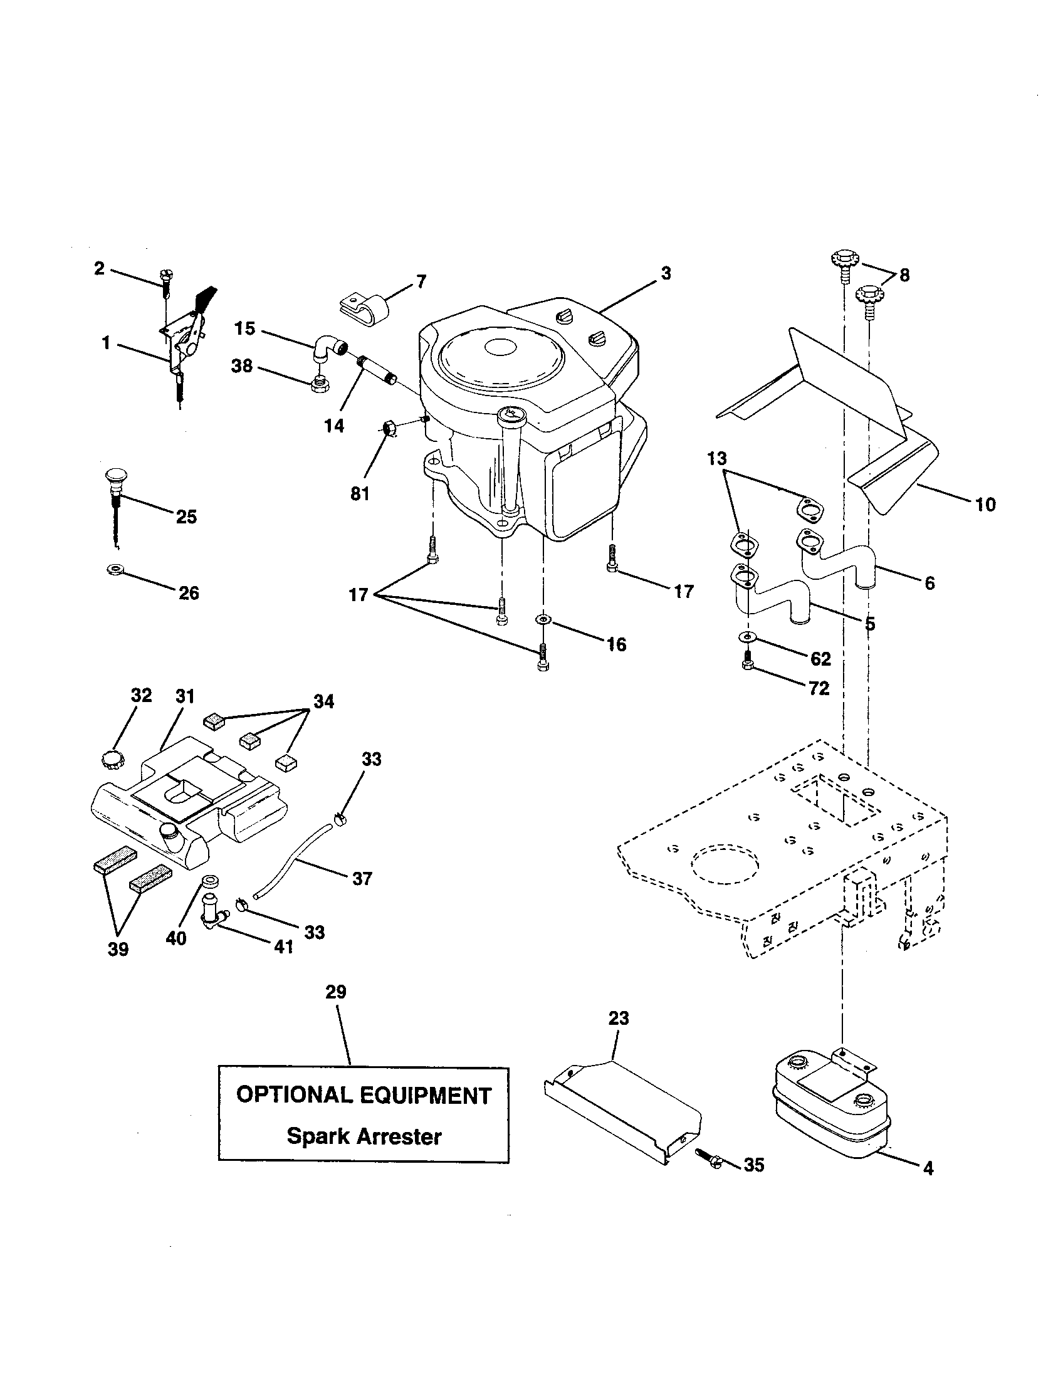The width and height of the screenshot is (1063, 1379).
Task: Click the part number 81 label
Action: tap(360, 494)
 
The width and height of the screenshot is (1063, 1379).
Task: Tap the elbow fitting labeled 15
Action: tap(328, 349)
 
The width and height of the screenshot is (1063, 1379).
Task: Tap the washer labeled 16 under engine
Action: tap(543, 620)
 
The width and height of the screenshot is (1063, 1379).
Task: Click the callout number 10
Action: tap(985, 504)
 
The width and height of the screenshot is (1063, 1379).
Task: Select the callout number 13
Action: tap(717, 458)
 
